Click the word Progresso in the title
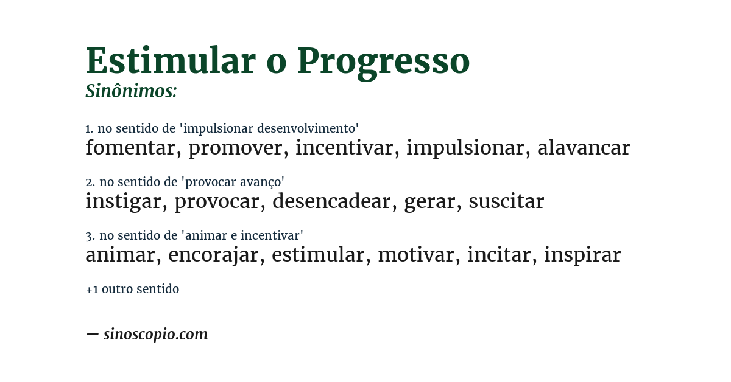[x=383, y=62]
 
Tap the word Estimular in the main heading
[x=170, y=61]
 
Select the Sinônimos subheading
[x=131, y=91]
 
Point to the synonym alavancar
[x=583, y=148]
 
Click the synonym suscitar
[x=506, y=201]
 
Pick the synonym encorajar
[x=213, y=255]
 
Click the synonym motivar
[x=416, y=255]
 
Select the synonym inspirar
[x=582, y=255]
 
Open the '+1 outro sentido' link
[x=132, y=290]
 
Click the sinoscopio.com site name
[x=155, y=335]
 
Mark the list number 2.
[x=89, y=182]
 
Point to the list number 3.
[x=89, y=235]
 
